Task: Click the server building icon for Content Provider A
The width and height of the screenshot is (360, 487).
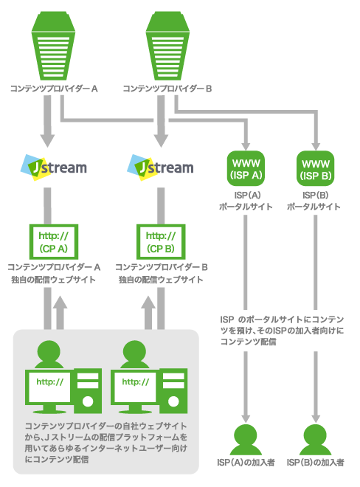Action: click(53, 46)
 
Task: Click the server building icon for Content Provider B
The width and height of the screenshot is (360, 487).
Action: click(167, 46)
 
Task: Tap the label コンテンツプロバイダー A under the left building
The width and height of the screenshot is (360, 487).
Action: click(54, 89)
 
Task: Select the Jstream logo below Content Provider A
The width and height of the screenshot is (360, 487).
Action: click(53, 167)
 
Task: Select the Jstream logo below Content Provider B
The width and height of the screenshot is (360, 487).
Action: click(160, 167)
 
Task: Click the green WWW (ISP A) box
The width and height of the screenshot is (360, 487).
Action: click(246, 169)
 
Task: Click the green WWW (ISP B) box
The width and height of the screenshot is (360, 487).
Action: click(316, 169)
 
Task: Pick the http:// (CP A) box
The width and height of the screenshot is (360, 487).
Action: click(53, 241)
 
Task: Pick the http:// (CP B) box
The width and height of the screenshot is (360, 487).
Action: click(161, 241)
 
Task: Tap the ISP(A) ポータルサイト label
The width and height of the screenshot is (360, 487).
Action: click(246, 201)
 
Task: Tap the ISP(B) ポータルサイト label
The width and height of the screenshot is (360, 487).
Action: click(314, 201)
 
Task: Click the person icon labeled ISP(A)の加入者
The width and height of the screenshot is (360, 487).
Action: click(246, 440)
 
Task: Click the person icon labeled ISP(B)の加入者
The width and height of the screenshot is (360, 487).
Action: click(316, 440)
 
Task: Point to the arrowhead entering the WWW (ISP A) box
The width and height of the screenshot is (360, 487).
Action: click(246, 146)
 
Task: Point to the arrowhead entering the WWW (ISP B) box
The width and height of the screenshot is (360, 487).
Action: click(316, 146)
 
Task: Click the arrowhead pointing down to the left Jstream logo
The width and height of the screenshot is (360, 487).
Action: click(47, 140)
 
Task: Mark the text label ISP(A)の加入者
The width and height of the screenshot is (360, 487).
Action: click(246, 463)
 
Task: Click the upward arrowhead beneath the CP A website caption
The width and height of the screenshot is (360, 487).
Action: click(60, 303)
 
